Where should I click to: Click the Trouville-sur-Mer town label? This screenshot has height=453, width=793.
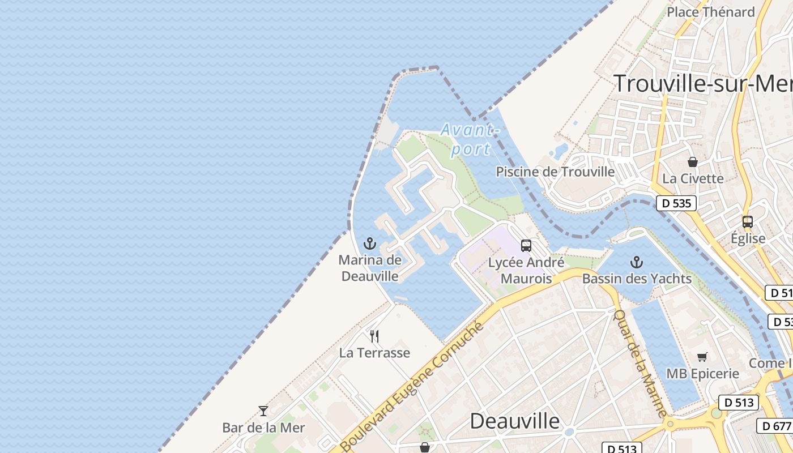[703, 83]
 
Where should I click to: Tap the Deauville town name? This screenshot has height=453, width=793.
[515, 421]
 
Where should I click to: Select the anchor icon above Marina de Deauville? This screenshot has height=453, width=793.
[369, 244]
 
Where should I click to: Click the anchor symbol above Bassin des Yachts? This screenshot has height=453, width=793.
[637, 262]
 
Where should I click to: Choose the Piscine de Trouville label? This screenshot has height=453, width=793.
[555, 172]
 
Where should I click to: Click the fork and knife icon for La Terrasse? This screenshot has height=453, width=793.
[374, 336]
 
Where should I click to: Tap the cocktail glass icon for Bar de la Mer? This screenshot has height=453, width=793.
[263, 411]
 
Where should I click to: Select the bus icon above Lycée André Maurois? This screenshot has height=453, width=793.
[526, 246]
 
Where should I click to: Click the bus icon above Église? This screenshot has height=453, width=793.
[748, 222]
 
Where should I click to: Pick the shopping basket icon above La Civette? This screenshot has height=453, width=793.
[692, 162]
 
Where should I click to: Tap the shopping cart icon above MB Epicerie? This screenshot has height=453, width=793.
[702, 357]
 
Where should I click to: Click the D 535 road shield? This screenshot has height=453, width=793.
[676, 203]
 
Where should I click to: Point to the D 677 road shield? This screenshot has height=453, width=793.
[774, 426]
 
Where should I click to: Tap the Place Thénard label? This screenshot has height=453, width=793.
[710, 12]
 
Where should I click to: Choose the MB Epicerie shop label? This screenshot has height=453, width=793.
[702, 374]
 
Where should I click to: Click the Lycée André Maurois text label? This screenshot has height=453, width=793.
[526, 271]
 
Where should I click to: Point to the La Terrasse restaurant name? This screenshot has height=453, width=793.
[374, 353]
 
